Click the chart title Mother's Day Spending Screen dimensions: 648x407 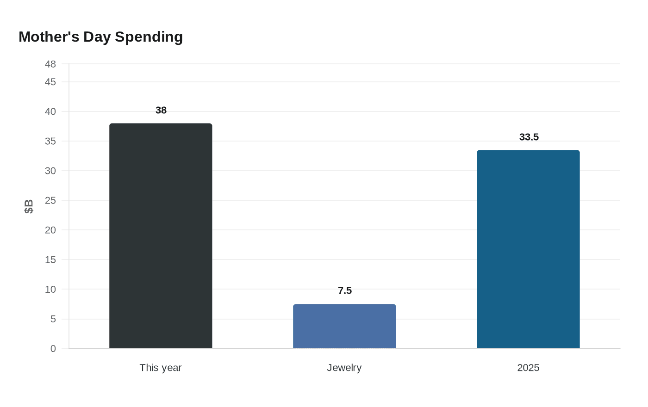pos(101,37)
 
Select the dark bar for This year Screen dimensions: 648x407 pos(161,236)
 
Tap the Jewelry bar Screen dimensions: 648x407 pos(344,326)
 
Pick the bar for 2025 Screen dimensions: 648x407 pos(528,249)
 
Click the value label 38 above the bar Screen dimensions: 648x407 pos(161,110)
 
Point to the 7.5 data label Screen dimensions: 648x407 pos(345,290)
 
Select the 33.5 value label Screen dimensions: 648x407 pos(529,137)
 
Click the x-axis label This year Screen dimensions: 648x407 pos(161,368)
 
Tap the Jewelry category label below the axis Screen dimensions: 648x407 pos(344,368)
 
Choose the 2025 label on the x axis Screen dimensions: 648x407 pos(528,368)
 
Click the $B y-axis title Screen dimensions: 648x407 pos(29,206)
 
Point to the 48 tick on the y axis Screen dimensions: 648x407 pos(50,64)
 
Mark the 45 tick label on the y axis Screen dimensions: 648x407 pos(50,82)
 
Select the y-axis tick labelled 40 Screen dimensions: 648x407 pos(50,111)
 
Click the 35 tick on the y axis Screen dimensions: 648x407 pos(50,142)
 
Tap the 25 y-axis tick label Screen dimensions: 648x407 pos(50,201)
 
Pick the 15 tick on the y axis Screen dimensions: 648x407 pos(50,260)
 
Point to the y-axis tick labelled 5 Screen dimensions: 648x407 pos(53,319)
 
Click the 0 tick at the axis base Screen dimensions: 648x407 pos(53,349)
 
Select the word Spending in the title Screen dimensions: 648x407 pos(149,37)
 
